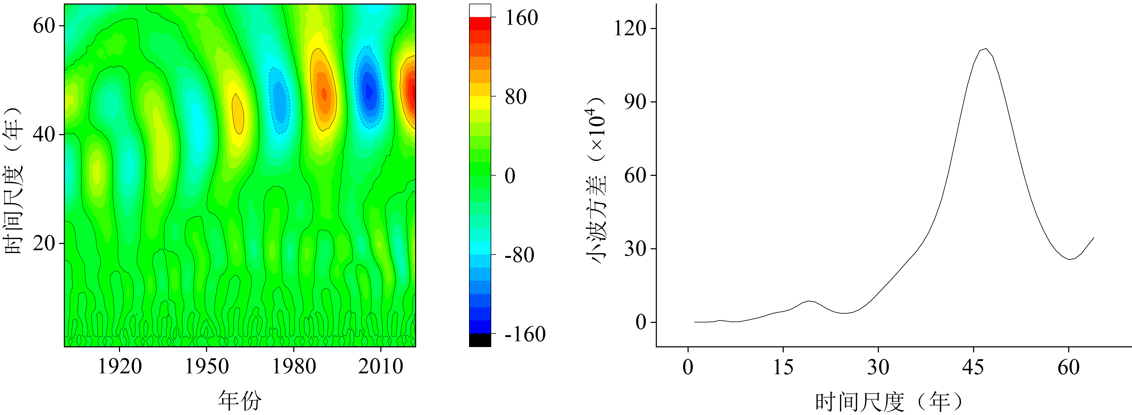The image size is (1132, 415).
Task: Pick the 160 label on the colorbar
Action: [522, 18]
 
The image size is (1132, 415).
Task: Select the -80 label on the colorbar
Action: [519, 255]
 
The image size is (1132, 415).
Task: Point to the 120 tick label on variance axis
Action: [630, 29]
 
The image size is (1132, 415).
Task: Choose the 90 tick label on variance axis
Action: [635, 102]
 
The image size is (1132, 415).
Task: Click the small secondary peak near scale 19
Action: [809, 301]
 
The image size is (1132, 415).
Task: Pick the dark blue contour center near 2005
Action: [369, 90]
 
